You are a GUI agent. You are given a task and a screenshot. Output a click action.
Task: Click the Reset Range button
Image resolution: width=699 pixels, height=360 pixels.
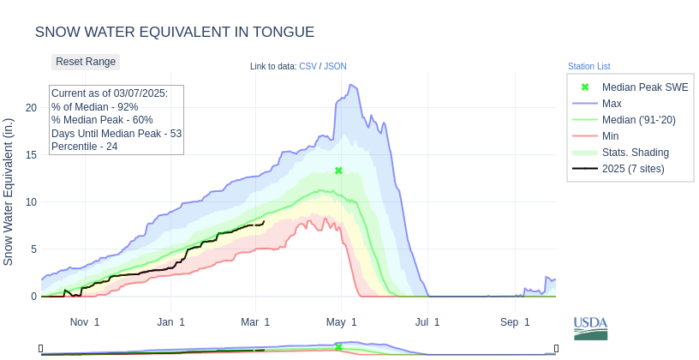click(x=86, y=62)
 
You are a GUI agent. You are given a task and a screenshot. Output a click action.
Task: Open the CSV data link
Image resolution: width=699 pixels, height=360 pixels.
click(x=308, y=66)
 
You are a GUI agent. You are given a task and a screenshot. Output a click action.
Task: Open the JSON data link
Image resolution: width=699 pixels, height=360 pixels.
click(x=335, y=66)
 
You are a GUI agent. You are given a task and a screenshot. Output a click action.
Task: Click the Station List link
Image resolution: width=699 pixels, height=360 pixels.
click(x=588, y=66)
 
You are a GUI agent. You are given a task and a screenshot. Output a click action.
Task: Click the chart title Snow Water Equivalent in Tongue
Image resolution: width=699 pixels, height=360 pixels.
click(x=175, y=32)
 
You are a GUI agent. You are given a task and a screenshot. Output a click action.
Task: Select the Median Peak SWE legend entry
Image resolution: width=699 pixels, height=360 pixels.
click(x=644, y=87)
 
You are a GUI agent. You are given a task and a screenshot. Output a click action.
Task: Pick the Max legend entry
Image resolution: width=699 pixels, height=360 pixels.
click(x=612, y=104)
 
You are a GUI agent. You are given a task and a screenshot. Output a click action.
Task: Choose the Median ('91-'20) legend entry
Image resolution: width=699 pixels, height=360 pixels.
click(x=638, y=120)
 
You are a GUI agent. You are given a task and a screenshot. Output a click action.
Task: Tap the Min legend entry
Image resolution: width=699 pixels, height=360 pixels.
click(x=610, y=136)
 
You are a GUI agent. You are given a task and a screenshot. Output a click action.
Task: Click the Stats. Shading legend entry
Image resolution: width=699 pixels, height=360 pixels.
click(x=635, y=153)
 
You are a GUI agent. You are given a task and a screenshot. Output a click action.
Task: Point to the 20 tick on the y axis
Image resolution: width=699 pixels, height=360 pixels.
click(x=31, y=108)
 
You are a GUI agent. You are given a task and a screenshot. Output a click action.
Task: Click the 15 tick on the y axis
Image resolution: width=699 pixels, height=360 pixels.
click(x=31, y=155)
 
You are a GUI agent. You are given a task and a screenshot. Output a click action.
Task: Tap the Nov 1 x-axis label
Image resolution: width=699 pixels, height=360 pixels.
click(x=85, y=322)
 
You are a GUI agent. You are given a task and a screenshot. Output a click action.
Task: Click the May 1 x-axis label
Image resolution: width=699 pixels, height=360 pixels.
click(x=342, y=322)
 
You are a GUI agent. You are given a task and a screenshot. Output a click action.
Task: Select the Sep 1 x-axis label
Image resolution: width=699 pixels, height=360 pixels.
click(x=515, y=322)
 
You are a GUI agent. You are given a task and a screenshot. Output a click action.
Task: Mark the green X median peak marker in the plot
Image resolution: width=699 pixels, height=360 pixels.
click(x=338, y=171)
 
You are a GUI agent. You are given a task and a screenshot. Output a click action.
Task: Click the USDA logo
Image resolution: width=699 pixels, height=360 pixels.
click(x=590, y=327)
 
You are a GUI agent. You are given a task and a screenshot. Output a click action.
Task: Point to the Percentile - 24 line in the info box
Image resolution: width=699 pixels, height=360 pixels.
click(x=85, y=147)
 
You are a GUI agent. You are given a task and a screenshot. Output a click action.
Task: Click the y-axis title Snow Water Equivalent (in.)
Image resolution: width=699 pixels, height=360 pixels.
click(x=9, y=192)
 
